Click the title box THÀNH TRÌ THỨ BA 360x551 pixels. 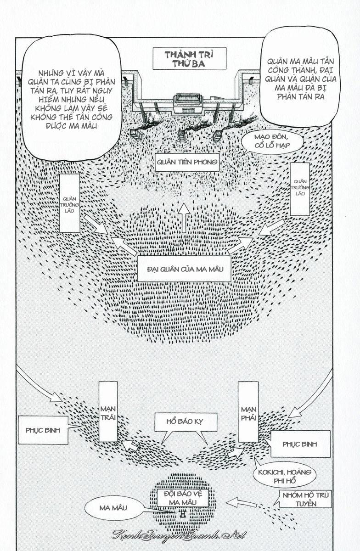[189, 59]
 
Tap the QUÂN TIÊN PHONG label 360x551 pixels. [187, 162]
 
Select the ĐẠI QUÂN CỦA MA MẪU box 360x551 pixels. [184, 269]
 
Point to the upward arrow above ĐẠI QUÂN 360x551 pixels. [184, 218]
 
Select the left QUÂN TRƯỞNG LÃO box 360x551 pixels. [70, 203]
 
